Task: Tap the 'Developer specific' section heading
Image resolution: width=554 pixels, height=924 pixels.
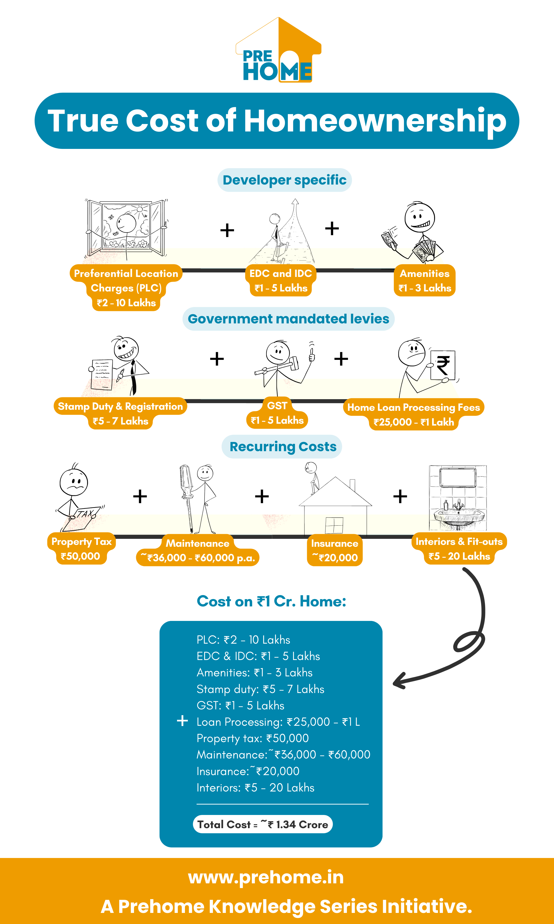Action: pyautogui.click(x=284, y=180)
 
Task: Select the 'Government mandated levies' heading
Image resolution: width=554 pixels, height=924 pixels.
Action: pyautogui.click(x=288, y=319)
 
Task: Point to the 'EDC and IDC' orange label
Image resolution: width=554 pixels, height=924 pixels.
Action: pyautogui.click(x=281, y=274)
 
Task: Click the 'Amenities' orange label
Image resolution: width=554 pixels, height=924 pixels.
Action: pyautogui.click(x=424, y=274)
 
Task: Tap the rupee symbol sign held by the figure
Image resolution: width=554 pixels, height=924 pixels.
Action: pyautogui.click(x=443, y=365)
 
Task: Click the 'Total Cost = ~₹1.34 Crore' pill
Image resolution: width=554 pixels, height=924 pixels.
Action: pyautogui.click(x=262, y=824)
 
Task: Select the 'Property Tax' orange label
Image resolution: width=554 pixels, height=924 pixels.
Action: pyautogui.click(x=81, y=541)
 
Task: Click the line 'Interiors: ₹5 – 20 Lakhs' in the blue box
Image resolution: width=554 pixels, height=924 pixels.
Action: pyautogui.click(x=255, y=788)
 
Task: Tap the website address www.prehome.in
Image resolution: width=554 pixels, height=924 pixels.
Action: pyautogui.click(x=266, y=877)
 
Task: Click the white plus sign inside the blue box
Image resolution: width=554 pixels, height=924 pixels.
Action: pyautogui.click(x=182, y=720)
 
